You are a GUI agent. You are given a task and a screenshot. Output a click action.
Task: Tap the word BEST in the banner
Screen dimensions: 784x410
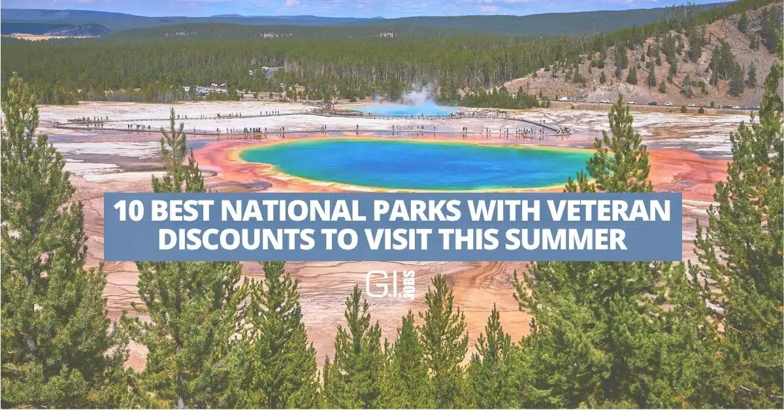coord(184,211)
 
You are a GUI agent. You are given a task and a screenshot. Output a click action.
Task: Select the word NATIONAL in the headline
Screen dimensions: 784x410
coord(293,211)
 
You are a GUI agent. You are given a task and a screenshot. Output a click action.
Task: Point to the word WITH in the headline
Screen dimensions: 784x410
coord(504,211)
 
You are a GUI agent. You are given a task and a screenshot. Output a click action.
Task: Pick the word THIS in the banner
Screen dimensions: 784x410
coord(468,240)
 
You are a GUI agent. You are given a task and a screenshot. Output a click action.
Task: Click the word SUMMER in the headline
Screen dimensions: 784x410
coord(566,240)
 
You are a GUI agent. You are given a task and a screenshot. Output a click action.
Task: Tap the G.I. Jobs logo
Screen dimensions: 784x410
coord(391,285)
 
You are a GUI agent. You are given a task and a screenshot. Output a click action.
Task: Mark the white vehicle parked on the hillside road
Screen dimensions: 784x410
coord(563,99)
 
